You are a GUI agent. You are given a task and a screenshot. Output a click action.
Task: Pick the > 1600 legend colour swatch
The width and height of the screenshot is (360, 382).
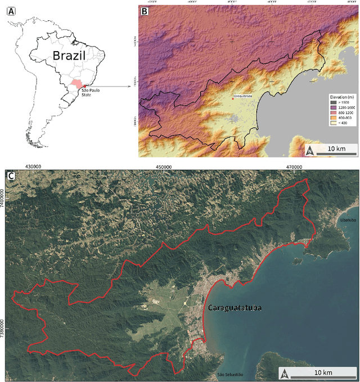332,102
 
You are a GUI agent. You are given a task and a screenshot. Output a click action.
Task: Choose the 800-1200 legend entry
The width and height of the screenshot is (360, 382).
344,113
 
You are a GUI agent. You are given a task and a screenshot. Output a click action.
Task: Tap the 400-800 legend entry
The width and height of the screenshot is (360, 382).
343,118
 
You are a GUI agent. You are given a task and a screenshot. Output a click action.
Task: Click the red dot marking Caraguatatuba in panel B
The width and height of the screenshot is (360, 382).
232,99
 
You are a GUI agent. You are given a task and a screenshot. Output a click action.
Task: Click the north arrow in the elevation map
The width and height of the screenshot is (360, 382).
308,149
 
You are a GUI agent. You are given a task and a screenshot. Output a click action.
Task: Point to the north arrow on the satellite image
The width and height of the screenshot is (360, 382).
285,373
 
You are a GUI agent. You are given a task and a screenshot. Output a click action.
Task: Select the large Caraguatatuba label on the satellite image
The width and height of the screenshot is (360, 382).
235,308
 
